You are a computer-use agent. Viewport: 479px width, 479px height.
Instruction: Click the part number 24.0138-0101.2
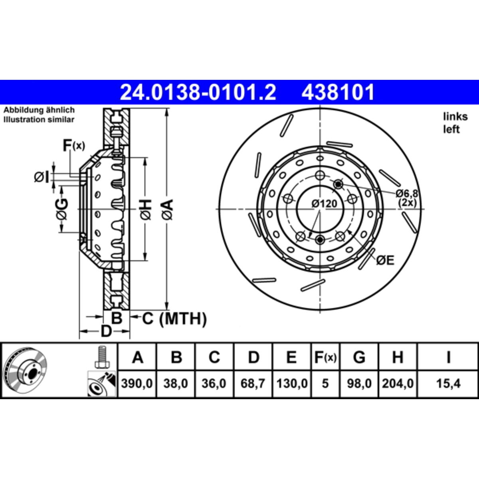[198, 92]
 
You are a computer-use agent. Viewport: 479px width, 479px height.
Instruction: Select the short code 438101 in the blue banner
[338, 92]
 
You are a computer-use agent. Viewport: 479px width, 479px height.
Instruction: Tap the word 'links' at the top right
[455, 117]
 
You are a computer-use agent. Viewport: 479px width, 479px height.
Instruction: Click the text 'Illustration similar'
[39, 119]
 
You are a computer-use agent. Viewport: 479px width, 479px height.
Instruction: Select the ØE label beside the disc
[385, 260]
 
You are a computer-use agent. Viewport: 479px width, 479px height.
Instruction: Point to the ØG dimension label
[61, 209]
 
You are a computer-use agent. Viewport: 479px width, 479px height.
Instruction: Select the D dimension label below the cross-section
[105, 331]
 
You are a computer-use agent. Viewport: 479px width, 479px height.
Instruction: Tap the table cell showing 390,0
[137, 384]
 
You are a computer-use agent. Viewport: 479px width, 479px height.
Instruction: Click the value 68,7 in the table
[253, 384]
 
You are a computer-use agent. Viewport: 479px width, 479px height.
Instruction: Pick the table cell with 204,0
[398, 384]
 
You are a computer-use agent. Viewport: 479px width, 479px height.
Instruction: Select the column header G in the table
[359, 357]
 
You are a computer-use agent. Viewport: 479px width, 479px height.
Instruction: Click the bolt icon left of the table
[103, 356]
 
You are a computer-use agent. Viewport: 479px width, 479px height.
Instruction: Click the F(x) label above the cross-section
[73, 146]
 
